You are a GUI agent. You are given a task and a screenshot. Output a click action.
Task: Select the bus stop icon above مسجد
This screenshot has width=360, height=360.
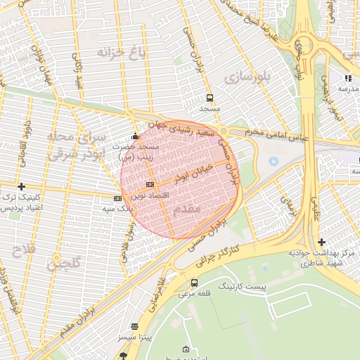click(x=210, y=98)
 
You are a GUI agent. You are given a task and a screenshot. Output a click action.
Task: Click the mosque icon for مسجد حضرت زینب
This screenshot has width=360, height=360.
click(x=136, y=136)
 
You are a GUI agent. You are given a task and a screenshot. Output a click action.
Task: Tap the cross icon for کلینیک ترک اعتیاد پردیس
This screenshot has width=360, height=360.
click(x=22, y=187)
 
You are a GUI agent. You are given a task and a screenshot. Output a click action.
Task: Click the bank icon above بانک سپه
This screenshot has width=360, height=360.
click(x=117, y=199)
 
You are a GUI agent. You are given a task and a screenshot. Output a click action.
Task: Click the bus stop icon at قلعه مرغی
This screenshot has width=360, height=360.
click(x=194, y=283)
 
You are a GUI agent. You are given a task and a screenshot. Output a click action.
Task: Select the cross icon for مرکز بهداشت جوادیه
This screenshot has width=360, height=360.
click(x=321, y=242)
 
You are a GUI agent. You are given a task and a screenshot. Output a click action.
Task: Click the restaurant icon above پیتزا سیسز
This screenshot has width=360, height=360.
click(x=135, y=327)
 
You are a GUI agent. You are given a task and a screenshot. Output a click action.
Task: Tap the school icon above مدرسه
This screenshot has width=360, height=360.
click(x=347, y=78)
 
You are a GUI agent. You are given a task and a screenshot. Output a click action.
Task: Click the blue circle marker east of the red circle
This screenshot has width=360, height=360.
click(x=274, y=162)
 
